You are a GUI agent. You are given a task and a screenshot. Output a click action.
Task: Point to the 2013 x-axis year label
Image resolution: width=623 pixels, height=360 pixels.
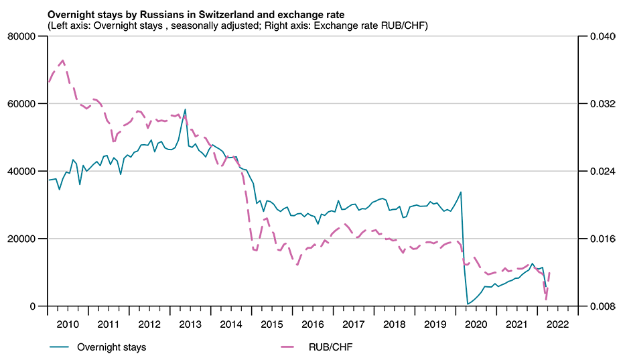(190, 323)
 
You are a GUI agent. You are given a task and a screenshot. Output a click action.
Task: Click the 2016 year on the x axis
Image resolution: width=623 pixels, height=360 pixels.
(312, 323)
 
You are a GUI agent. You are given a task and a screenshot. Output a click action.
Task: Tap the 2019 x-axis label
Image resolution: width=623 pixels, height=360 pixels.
(435, 323)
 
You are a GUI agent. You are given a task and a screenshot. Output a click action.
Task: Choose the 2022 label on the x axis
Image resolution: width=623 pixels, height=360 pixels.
(557, 323)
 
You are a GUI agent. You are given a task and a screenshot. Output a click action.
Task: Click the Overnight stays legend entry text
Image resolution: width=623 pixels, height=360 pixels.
(111, 347)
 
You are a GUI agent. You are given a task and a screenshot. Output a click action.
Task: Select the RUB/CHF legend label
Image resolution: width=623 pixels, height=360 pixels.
(331, 347)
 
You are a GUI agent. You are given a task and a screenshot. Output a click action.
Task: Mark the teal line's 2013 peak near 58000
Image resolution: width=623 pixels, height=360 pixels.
(185, 109)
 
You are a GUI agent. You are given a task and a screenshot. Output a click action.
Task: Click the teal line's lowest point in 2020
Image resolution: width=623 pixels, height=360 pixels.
(468, 304)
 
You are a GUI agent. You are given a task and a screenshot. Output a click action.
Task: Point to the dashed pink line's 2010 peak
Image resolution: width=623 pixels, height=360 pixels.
(62, 60)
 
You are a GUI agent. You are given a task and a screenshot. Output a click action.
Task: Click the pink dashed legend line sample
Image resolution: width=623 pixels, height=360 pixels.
(294, 347)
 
